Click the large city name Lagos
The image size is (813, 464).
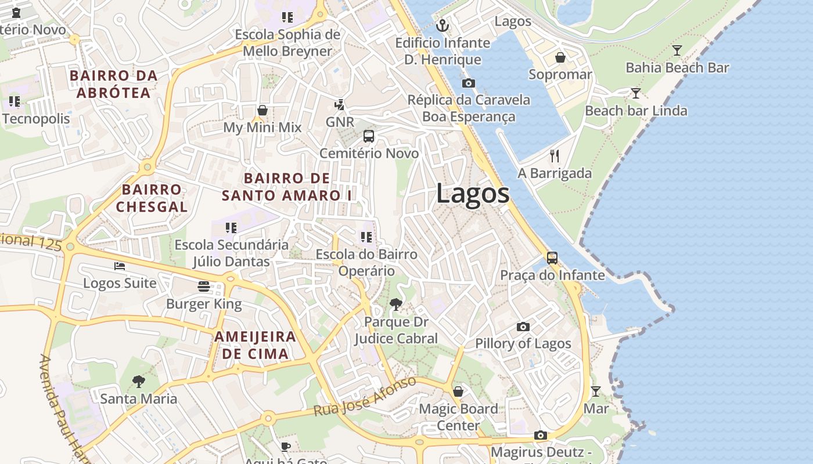(x=473, y=193)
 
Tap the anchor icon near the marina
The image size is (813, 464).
(x=443, y=26)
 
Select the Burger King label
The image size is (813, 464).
(x=204, y=304)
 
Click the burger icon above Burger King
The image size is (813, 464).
(x=203, y=287)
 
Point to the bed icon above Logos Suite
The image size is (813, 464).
(x=120, y=266)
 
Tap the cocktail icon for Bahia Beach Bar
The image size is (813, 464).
(x=677, y=50)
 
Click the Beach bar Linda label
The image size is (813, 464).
(x=636, y=110)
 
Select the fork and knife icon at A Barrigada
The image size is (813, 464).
(x=555, y=155)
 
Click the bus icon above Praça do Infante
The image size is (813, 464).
(x=552, y=258)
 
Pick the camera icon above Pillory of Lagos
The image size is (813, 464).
(x=523, y=327)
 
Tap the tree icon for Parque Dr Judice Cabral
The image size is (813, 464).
(x=396, y=304)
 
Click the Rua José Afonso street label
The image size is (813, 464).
(x=365, y=396)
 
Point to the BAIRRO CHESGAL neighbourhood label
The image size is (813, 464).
(x=152, y=198)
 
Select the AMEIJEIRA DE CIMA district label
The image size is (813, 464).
(x=255, y=345)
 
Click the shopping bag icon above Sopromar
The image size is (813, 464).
(x=560, y=57)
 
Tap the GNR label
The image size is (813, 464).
(x=340, y=122)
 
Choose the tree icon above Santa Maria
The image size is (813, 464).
(x=138, y=381)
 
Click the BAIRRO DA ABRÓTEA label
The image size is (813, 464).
(x=114, y=84)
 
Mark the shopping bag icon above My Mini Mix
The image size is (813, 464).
(x=262, y=110)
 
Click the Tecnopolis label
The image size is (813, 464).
(x=36, y=119)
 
